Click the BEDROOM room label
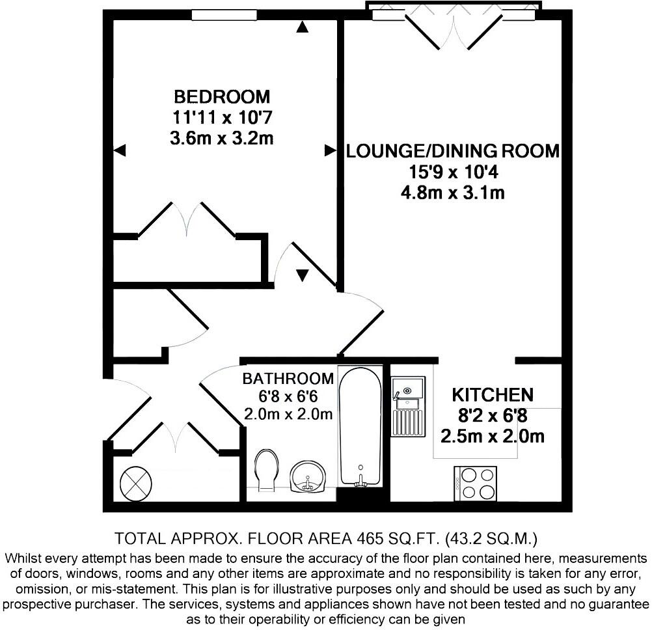pos(221,97)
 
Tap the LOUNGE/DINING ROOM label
pos(452,152)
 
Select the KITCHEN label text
pos(493,394)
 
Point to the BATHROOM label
pos(288,379)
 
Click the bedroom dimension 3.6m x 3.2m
pos(221,138)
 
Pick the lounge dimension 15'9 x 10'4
pos(452,173)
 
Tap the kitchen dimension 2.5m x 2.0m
pos(493,435)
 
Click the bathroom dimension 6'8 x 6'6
pos(288,396)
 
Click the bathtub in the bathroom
pos(359,426)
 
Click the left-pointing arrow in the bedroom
pos(119,151)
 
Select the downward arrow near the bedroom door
pos(302,275)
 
